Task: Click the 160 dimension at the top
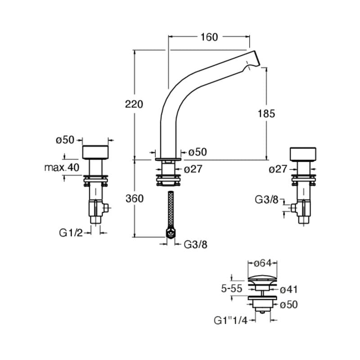208,37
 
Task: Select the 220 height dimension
135,104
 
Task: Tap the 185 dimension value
266,113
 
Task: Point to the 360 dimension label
135,198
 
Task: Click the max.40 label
61,168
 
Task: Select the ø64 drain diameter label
263,263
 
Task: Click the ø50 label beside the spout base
198,152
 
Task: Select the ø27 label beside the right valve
278,169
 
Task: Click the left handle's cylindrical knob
96,152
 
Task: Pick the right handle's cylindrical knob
305,153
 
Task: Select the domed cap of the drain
263,277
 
